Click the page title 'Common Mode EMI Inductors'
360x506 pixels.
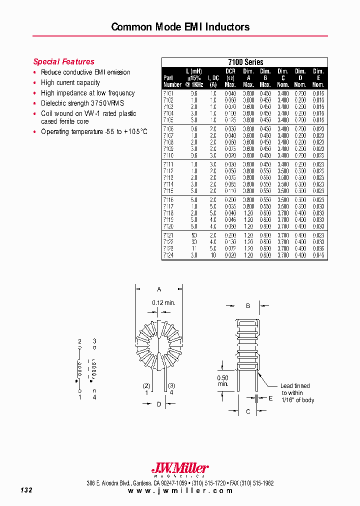(180, 26)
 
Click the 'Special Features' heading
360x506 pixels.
(63, 61)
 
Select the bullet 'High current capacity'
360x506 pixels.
(70, 82)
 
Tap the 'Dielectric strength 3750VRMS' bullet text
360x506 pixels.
(82, 103)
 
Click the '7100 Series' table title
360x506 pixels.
(245, 62)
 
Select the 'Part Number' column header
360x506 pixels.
(172, 81)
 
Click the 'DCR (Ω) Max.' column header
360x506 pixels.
(230, 78)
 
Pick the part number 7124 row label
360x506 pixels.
(169, 255)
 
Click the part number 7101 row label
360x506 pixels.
(169, 93)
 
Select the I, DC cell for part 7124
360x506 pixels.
(213, 255)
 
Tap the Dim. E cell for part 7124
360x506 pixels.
(318, 255)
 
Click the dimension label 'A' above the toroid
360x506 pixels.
(159, 289)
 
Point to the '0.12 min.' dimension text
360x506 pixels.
(163, 302)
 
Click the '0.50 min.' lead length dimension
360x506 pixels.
(223, 380)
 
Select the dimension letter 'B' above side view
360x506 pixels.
(247, 305)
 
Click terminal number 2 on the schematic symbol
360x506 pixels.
(79, 341)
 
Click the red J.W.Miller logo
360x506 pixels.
(180, 468)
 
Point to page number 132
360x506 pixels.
(26, 490)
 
